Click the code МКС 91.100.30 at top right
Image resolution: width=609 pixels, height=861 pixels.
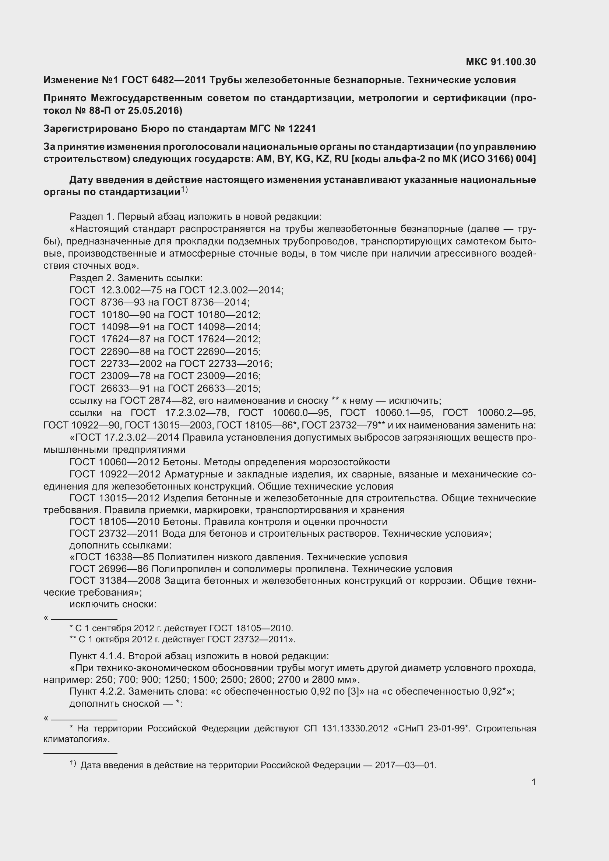501,62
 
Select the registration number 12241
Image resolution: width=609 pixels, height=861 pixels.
302,128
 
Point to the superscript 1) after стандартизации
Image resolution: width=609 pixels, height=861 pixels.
184,190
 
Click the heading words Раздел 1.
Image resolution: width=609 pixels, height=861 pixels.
92,217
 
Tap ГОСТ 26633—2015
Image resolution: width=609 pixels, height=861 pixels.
214,388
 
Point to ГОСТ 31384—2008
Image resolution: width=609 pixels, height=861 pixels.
115,581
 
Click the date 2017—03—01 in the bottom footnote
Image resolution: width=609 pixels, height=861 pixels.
405,765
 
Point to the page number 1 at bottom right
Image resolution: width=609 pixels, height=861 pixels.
533,782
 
